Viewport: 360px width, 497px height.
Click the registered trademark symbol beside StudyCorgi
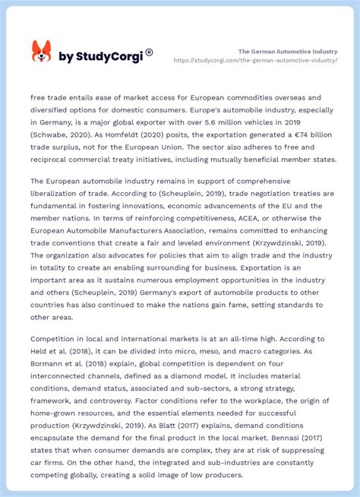point(149,52)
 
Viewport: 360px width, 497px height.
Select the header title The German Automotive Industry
point(288,51)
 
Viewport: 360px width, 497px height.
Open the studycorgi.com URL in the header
point(256,60)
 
